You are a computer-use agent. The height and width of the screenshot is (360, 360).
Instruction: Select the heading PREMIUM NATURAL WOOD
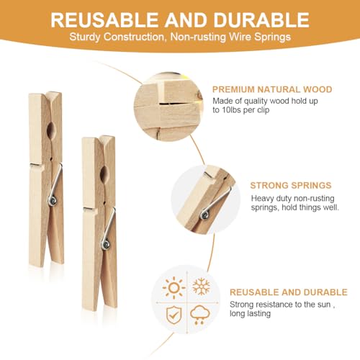click(x=272, y=89)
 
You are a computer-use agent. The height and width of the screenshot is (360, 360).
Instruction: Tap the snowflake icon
click(x=201, y=287)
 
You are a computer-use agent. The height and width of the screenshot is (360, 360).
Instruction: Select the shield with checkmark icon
click(x=174, y=314)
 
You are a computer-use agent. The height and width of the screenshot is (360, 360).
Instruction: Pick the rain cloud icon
click(x=200, y=315)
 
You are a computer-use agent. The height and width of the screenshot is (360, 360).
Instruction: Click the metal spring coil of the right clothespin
click(x=106, y=244)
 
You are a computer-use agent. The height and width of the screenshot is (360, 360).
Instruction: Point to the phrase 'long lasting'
click(x=251, y=314)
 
